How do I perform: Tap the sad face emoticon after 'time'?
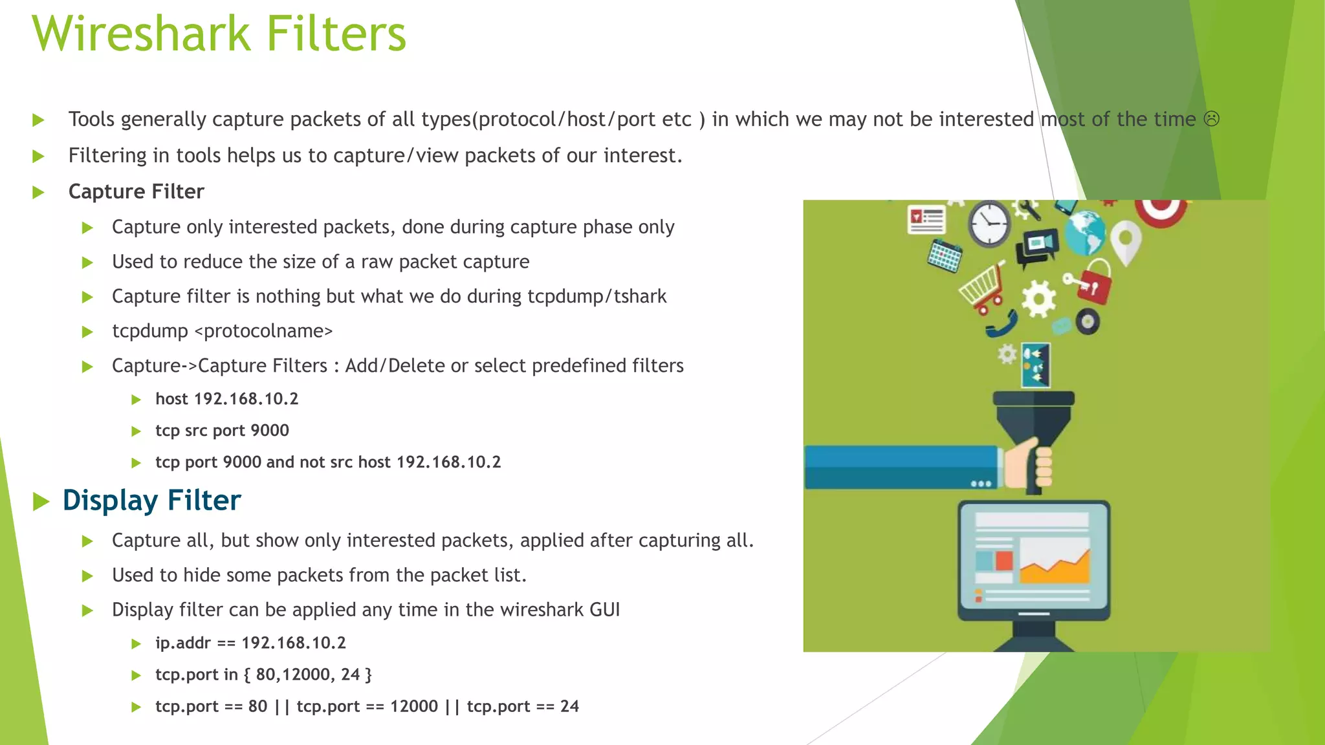[x=1211, y=119]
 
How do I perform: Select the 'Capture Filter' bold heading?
[x=136, y=191]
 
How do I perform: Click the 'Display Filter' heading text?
[x=151, y=501]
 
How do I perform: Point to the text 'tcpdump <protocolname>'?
[x=222, y=331]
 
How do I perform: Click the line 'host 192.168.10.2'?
[x=226, y=399]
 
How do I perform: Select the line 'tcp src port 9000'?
[x=222, y=431]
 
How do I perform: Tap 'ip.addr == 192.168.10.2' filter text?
[x=250, y=643]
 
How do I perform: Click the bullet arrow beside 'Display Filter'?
[x=41, y=501]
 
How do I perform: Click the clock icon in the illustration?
[x=989, y=224]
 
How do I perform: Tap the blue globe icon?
[x=1085, y=233]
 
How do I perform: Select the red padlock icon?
[x=1095, y=282]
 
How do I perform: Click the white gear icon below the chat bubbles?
[x=1038, y=299]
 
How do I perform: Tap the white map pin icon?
[x=1126, y=242]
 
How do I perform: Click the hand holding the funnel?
[x=1030, y=464]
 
